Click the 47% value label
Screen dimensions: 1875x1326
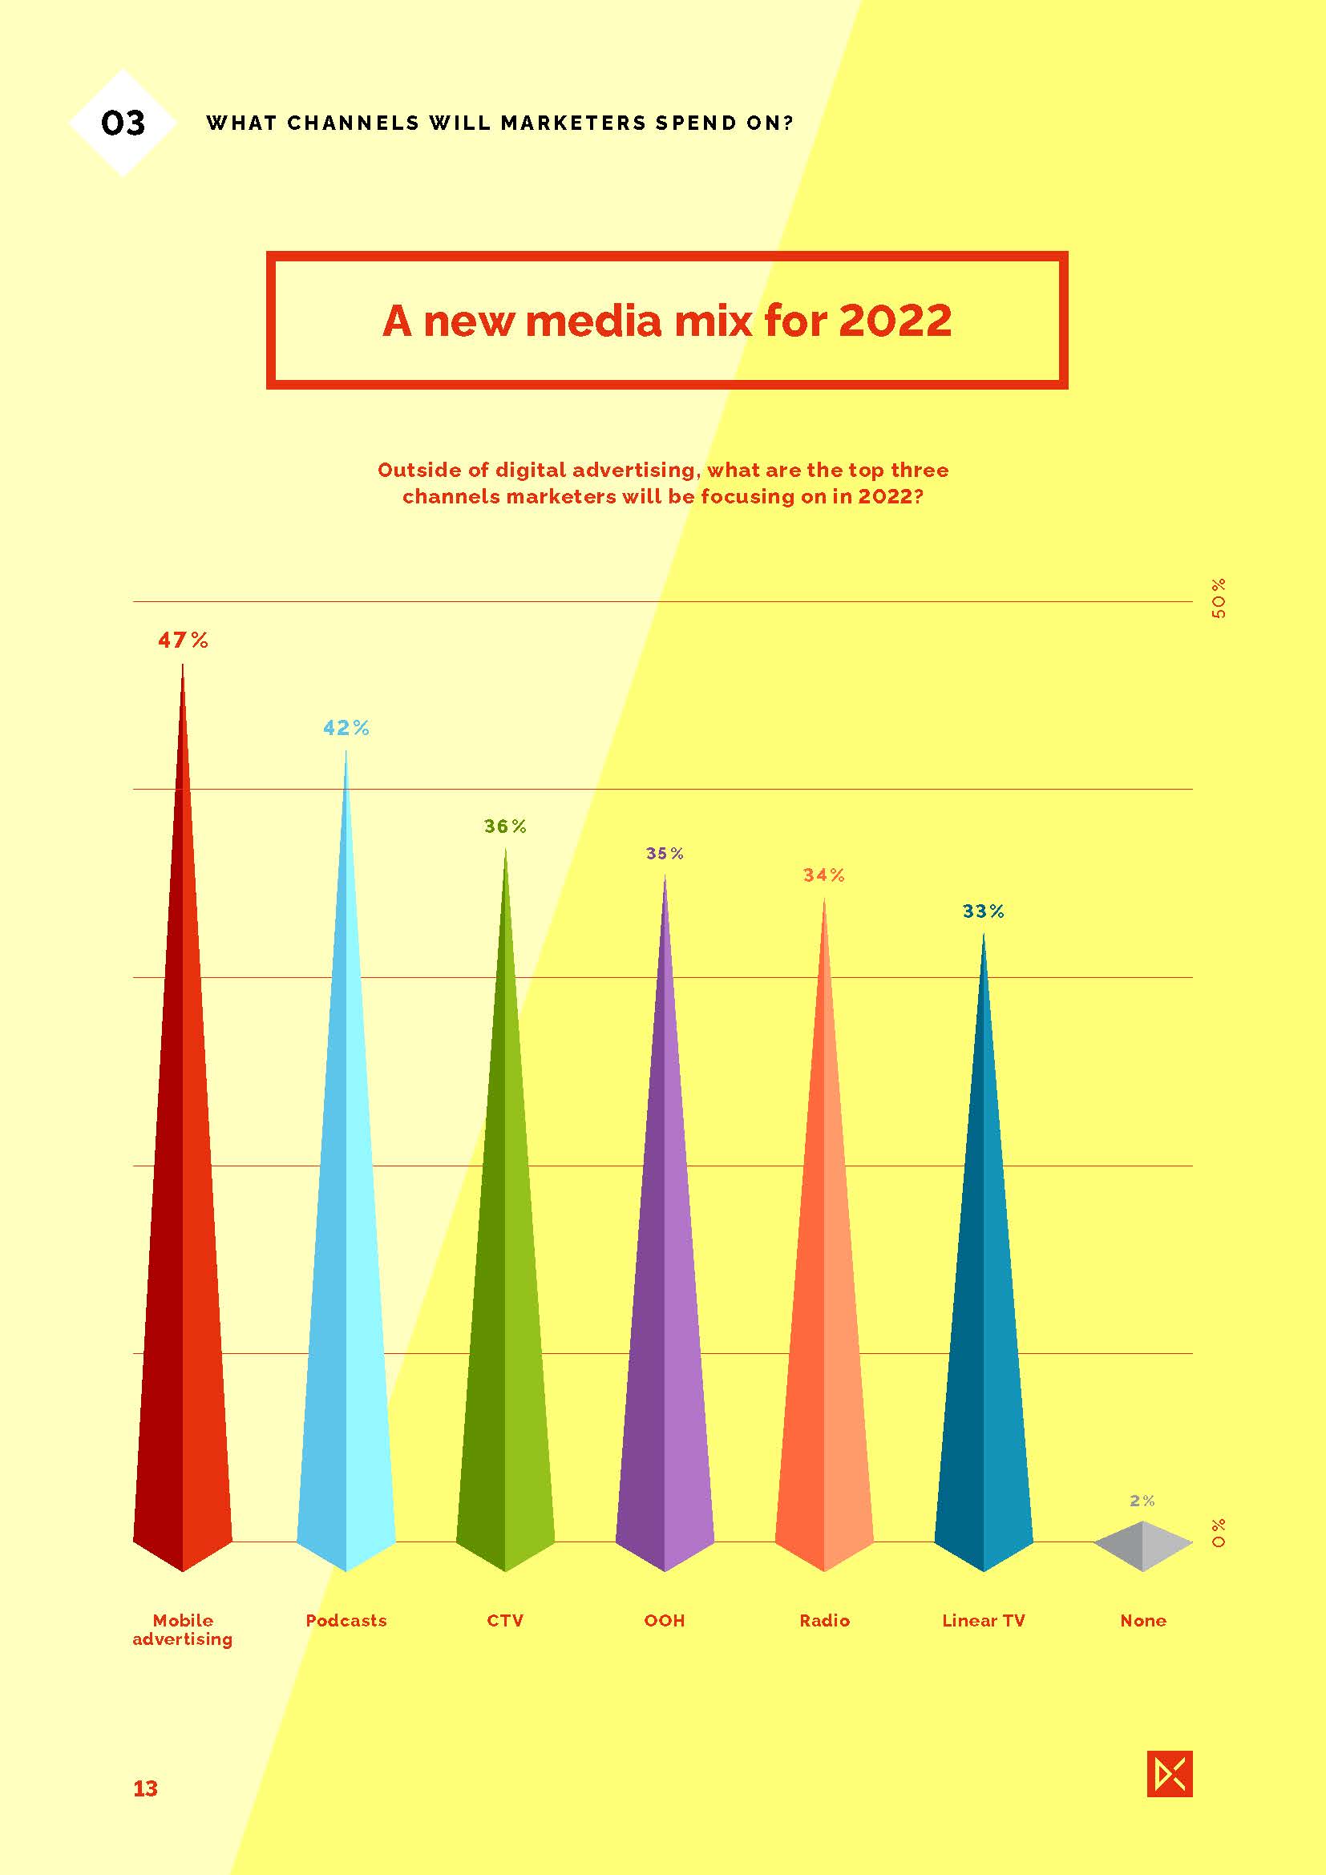183,640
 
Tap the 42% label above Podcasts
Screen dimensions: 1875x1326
346,728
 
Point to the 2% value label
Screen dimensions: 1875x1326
1142,1501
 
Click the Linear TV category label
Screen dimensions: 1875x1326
983,1621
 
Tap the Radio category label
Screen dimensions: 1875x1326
824,1621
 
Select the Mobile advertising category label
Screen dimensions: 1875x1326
183,1630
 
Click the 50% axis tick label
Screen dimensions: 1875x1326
1219,599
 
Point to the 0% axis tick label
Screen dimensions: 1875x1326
1219,1533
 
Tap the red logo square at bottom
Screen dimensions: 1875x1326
1169,1774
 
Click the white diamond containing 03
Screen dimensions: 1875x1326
123,123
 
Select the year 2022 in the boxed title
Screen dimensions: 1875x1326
895,320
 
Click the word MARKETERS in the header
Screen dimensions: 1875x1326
572,123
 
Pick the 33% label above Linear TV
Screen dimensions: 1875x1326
983,911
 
